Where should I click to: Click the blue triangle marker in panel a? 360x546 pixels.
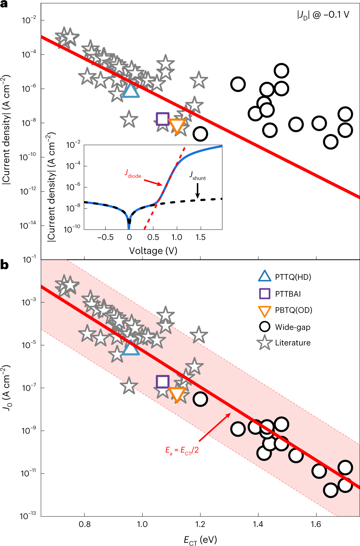[131, 91]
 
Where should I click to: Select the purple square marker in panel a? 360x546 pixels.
[162, 119]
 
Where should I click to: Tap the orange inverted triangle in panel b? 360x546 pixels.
[177, 394]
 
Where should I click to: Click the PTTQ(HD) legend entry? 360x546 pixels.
[293, 277]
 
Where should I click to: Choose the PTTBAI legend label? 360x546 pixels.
[288, 294]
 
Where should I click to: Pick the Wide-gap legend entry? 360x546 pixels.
[292, 327]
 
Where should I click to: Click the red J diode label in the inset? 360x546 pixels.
[133, 174]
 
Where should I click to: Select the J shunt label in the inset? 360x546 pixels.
[198, 176]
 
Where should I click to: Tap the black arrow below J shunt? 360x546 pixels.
[198, 191]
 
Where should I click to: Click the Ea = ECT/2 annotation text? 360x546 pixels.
[182, 450]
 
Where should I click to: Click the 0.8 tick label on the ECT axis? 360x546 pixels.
[85, 524]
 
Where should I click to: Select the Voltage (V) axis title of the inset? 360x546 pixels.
[153, 251]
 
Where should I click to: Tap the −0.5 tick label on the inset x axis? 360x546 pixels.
[105, 237]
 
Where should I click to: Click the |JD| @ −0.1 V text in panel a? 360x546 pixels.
[323, 15]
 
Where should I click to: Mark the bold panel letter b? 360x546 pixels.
[4, 265]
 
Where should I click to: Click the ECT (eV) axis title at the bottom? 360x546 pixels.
[200, 540]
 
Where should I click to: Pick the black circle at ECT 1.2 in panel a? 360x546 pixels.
[200, 134]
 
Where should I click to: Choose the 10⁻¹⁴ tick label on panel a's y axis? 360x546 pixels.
[28, 225]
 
